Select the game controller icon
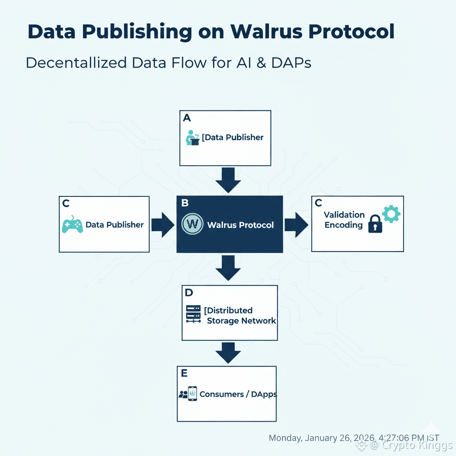coord(72,224)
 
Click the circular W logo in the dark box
coord(193,224)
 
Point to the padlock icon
coord(375,224)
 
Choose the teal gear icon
coord(391,214)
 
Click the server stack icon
coord(193,313)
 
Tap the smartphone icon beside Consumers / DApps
coord(193,394)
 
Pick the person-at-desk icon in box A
coord(192,138)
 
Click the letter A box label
coord(187,118)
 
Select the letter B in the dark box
coord(185,203)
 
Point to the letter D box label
coord(188,293)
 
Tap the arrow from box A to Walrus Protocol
coord(228,179)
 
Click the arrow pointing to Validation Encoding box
coord(297,224)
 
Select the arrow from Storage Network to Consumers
coord(228,352)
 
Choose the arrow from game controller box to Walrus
coord(163,224)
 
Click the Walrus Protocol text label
coord(240,225)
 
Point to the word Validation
coord(344,215)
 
